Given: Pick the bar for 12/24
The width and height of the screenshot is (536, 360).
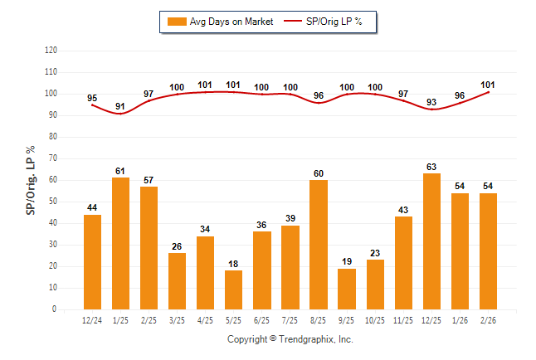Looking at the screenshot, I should (x=92, y=262).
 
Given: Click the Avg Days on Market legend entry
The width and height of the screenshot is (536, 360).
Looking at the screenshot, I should (x=219, y=22).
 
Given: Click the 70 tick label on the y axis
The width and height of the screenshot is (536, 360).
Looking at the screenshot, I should (x=51, y=158).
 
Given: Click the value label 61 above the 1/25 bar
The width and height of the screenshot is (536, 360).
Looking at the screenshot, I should (x=120, y=171).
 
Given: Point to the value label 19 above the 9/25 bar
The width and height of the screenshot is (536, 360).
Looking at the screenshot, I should (x=346, y=262).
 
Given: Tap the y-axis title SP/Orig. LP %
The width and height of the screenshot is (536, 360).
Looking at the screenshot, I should (x=31, y=179).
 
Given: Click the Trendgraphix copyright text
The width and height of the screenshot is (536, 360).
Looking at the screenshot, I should (x=290, y=339).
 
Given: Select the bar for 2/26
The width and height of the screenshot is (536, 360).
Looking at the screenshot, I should (x=487, y=251).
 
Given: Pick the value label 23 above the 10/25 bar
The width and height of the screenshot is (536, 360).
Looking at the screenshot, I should (x=374, y=253).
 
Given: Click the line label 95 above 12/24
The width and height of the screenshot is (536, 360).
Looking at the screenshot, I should (x=92, y=97).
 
